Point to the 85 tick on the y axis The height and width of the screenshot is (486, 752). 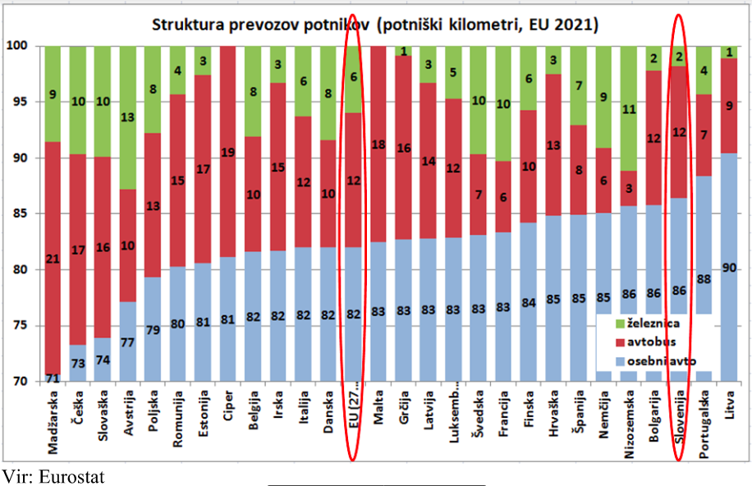pyautogui.click(x=19, y=214)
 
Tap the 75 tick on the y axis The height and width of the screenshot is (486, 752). pyautogui.click(x=19, y=326)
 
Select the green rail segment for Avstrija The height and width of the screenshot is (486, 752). pyautogui.click(x=128, y=117)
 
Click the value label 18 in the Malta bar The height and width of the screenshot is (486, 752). pyautogui.click(x=378, y=145)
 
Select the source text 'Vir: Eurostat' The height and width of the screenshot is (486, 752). pyautogui.click(x=53, y=476)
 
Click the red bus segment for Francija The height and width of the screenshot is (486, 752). pyautogui.click(x=504, y=197)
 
